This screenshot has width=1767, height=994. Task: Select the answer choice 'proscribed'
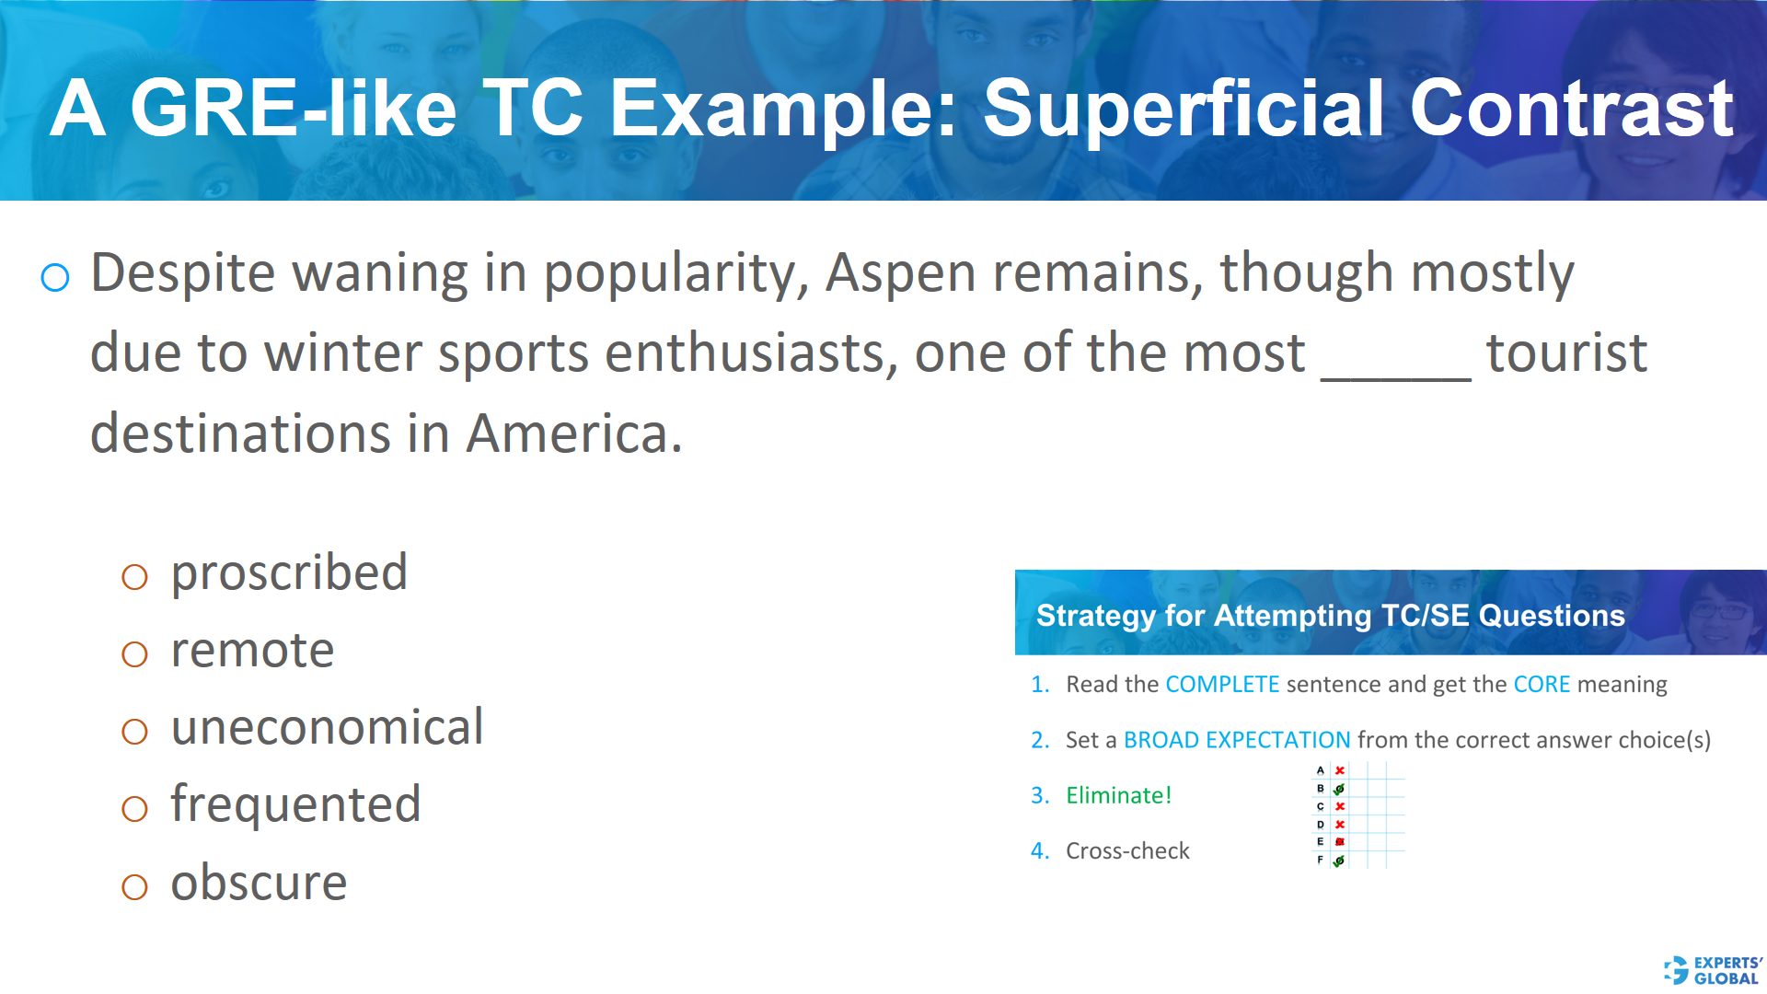(x=289, y=573)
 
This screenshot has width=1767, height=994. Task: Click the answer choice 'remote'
(x=252, y=651)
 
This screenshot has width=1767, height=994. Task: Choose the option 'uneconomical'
(x=327, y=728)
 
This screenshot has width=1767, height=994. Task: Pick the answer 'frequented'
(x=295, y=805)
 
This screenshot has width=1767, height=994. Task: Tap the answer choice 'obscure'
(x=259, y=884)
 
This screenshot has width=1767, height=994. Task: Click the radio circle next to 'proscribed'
(x=134, y=577)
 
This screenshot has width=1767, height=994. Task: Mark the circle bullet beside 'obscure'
(x=134, y=887)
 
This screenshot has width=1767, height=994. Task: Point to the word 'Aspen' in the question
(x=900, y=273)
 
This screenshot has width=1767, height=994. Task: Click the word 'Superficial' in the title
(x=1184, y=109)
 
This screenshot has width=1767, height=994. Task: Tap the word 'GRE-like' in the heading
(x=293, y=109)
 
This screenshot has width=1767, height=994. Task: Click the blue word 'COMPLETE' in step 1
(x=1222, y=685)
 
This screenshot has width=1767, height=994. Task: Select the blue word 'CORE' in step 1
(x=1542, y=685)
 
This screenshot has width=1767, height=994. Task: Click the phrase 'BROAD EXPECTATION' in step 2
(x=1237, y=740)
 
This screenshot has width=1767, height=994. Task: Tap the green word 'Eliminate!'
(x=1118, y=795)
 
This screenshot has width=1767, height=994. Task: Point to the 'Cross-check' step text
(x=1127, y=851)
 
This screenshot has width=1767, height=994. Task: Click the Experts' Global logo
(x=1713, y=970)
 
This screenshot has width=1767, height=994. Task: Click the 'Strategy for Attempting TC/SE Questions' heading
(x=1330, y=616)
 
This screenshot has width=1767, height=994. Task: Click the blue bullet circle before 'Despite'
(x=55, y=277)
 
